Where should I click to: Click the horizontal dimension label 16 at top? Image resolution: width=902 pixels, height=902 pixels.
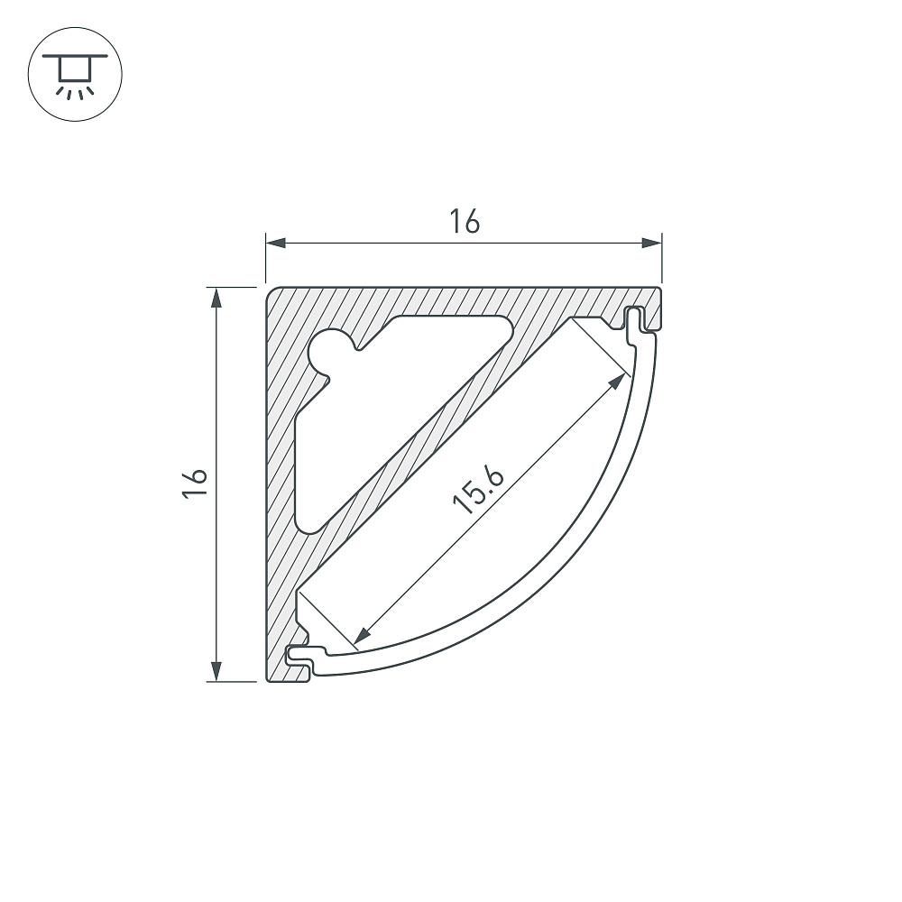point(465,222)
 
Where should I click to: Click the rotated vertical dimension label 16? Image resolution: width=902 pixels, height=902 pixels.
point(195,483)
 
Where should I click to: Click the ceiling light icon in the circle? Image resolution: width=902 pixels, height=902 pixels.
point(76,74)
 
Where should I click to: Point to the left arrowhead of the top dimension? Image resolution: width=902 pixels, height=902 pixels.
point(275,243)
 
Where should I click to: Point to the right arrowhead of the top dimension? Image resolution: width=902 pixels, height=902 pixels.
point(652,243)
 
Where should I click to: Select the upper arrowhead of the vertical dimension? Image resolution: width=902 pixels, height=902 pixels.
point(216,298)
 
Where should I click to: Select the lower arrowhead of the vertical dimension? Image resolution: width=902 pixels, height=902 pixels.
point(216,671)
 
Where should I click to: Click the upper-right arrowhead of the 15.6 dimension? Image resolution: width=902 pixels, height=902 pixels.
point(618,381)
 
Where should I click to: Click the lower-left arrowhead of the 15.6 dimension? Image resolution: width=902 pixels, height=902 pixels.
point(363,636)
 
